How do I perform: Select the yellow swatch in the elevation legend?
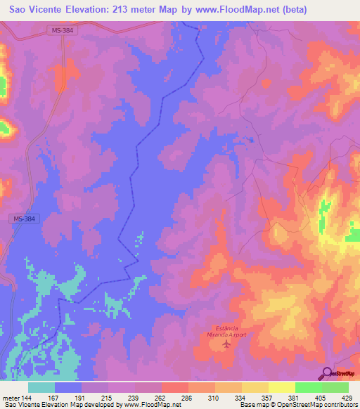click(x=255, y=387)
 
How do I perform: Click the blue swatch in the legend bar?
click(x=68, y=387)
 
